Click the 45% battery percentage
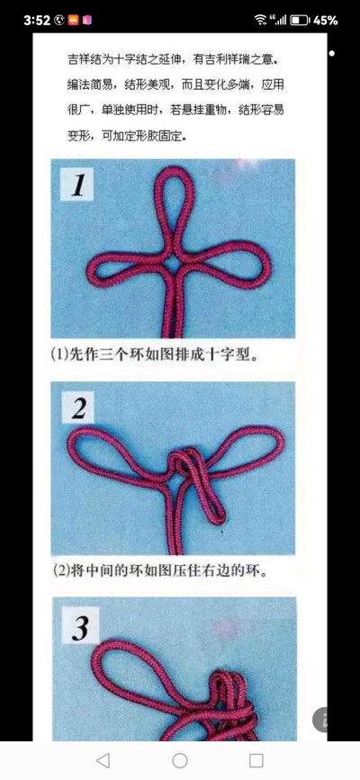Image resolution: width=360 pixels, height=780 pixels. [326, 19]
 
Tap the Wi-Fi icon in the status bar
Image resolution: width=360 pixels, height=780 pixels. [261, 19]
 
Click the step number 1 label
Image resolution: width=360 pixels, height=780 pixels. [78, 186]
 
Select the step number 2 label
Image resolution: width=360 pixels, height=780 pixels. [79, 409]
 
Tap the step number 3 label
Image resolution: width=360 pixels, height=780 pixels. [80, 627]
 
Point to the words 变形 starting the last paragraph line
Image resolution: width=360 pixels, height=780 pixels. [80, 137]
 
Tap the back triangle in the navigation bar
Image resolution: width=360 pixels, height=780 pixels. [103, 760]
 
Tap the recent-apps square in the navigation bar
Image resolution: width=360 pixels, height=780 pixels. [256, 760]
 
